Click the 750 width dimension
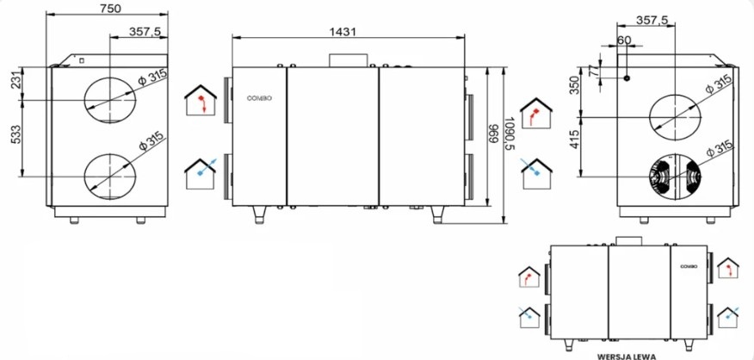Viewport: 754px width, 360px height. (110, 9)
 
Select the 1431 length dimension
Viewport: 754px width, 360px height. (343, 32)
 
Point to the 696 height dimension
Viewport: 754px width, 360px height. (494, 134)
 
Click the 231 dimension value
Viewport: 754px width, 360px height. (15, 83)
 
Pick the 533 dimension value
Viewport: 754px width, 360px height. (15, 137)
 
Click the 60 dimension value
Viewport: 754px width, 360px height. (624, 40)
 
